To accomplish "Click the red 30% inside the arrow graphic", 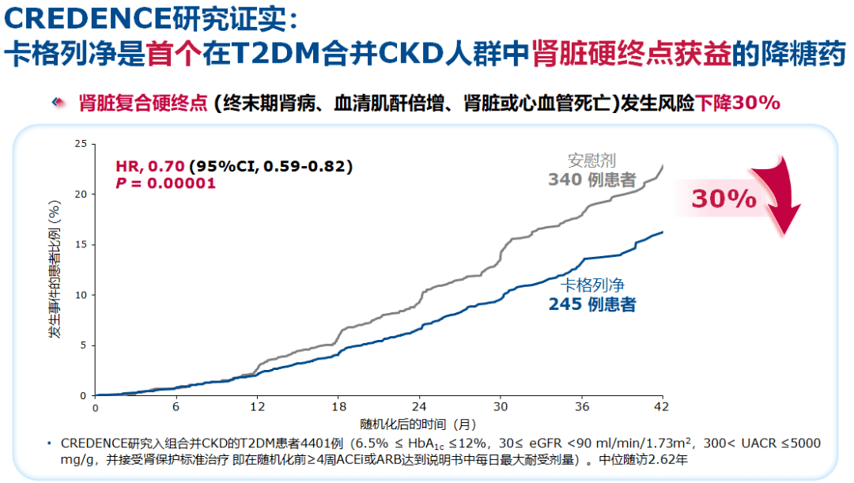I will coord(724,198).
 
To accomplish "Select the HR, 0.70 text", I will coord(150,166).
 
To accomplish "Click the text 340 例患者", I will coord(591,180).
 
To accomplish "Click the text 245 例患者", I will coord(592,305).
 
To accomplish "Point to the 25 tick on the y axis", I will coord(80,144).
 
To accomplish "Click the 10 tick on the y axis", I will coord(80,295).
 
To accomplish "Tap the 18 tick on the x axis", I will coord(338,407).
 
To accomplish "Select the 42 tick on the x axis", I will coord(662,407).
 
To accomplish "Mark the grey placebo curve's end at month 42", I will coord(662,165).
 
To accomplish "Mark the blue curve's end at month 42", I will coord(662,232).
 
